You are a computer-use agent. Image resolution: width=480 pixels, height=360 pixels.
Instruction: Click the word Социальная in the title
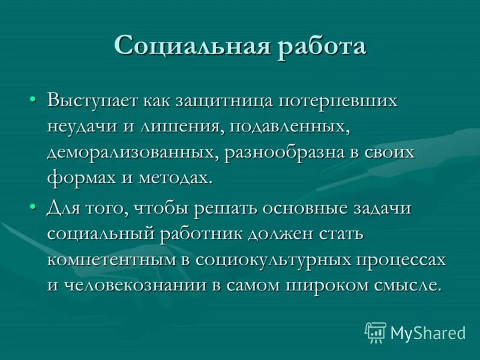tap(191, 46)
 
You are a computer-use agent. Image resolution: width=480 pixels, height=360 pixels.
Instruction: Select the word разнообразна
tap(283, 152)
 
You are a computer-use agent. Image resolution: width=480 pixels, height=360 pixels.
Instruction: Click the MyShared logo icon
tap(376, 332)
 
